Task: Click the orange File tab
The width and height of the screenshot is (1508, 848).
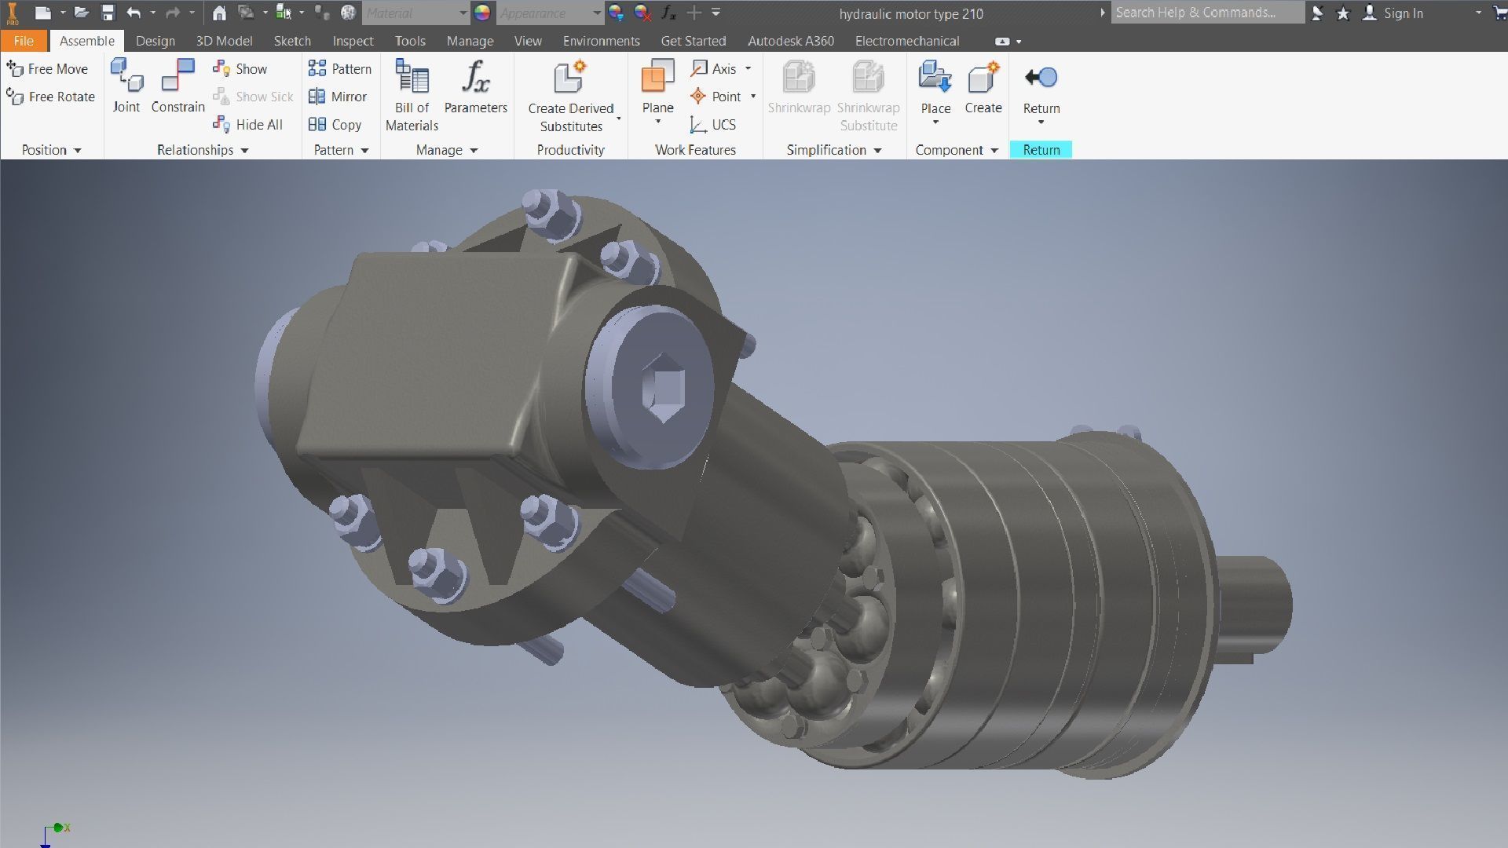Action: point(24,41)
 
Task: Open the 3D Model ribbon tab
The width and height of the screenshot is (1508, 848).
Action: point(224,41)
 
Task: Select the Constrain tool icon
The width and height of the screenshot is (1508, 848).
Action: point(178,77)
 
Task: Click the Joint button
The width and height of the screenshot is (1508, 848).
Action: point(126,86)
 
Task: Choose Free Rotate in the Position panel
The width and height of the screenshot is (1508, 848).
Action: point(51,97)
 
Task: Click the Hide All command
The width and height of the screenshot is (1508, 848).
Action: point(248,124)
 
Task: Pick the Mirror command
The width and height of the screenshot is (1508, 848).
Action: point(339,97)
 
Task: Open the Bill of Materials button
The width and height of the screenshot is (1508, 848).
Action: point(412,94)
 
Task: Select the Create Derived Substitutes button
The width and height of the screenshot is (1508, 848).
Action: point(571,94)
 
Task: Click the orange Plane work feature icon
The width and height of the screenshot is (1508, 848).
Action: point(657,77)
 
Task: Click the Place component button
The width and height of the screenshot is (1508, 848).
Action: point(935,86)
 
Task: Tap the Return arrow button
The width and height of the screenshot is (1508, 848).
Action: point(1041,79)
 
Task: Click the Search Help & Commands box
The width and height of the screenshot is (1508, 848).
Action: point(1206,13)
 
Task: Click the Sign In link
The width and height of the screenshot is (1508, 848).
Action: point(1403,13)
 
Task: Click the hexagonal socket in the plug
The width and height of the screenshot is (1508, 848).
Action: point(664,387)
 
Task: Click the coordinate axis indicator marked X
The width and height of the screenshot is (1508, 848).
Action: point(58,828)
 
